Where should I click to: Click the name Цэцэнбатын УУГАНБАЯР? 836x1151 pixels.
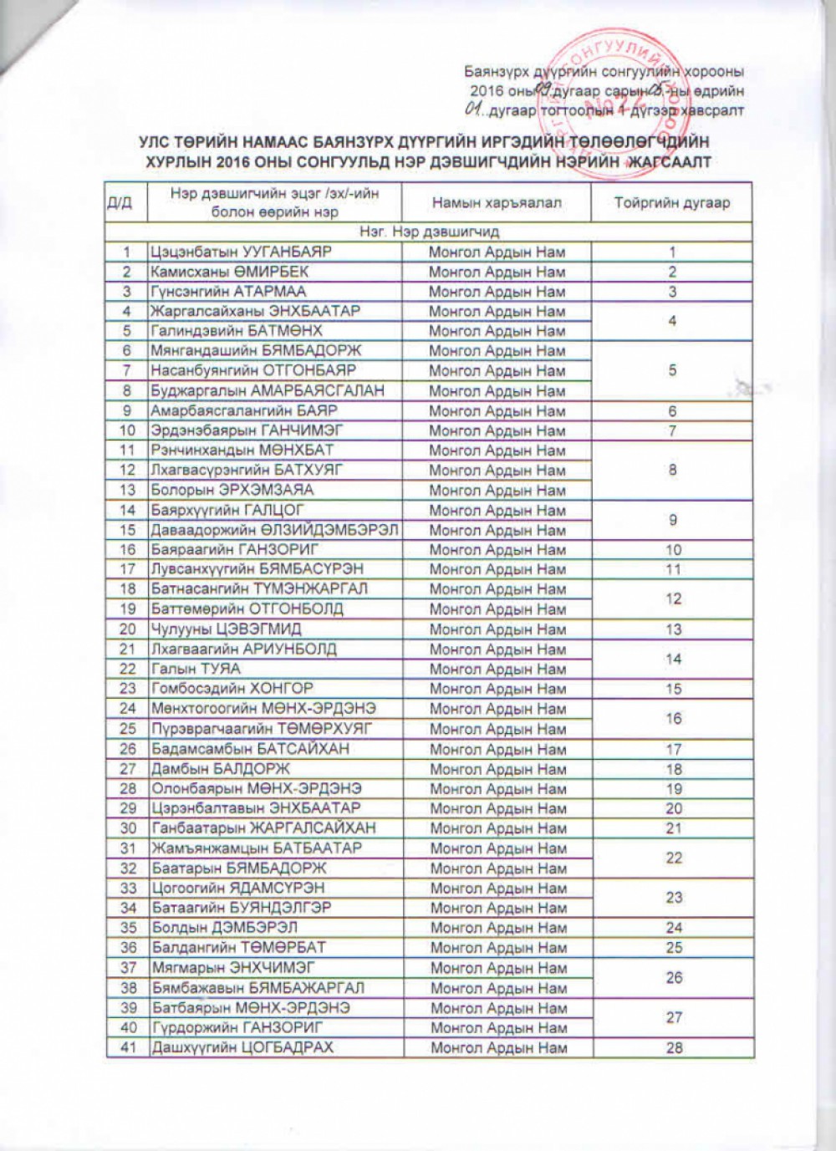[x=242, y=252]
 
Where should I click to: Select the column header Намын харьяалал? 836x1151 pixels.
[x=497, y=203]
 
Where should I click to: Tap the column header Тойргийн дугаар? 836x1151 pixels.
[x=672, y=203]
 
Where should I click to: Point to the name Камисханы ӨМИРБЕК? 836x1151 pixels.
[x=230, y=272]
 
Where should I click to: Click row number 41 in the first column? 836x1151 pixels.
[x=128, y=1047]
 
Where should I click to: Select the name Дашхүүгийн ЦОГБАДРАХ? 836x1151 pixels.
[x=242, y=1047]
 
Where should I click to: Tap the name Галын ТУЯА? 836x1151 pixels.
[x=196, y=669]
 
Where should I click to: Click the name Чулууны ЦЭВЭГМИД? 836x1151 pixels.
[x=227, y=629]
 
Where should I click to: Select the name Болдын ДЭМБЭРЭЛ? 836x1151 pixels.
[x=224, y=928]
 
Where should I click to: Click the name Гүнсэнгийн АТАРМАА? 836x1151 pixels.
[x=228, y=292]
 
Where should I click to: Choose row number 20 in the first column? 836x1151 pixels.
[x=128, y=629]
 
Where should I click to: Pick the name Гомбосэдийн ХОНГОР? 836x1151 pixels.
[x=232, y=689]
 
